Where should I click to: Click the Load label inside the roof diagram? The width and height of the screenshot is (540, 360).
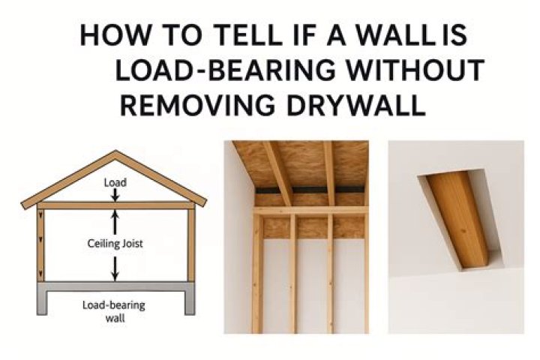coord(115,182)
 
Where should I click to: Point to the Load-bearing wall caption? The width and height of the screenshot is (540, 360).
coord(115,310)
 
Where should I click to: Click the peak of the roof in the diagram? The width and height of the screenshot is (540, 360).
coord(115,154)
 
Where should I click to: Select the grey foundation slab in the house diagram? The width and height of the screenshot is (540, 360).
coord(115,287)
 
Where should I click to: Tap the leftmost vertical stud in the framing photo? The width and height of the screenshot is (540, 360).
coord(258,274)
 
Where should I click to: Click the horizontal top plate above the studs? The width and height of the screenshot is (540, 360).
coord(311,211)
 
